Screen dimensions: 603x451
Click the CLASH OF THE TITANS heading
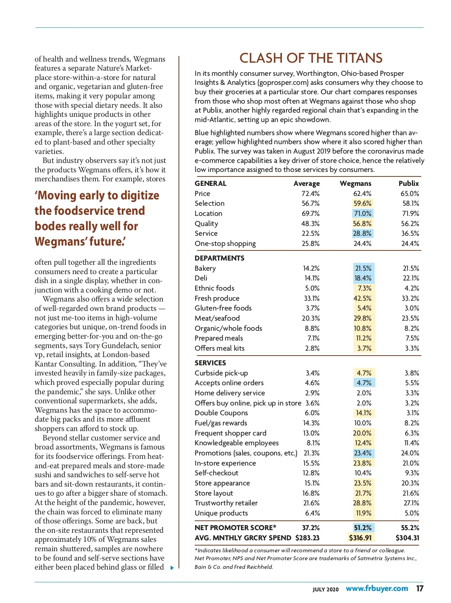[x=311, y=58]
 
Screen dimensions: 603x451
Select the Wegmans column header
[x=355, y=184]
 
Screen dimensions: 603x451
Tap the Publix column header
[x=409, y=184]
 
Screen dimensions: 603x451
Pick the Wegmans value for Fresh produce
[x=362, y=298]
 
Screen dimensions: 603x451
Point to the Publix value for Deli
[x=410, y=278]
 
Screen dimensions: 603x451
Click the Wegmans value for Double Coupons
[x=363, y=413]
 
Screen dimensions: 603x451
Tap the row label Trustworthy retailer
[x=226, y=503]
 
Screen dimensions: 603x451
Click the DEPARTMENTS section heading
[x=219, y=258]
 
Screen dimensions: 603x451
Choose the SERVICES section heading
[x=210, y=363]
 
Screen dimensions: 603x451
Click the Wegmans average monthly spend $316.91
[x=360, y=538]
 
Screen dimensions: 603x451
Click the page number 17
[x=419, y=588]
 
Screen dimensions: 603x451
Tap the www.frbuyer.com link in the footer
[x=377, y=588]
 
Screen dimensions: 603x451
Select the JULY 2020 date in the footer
[x=325, y=589]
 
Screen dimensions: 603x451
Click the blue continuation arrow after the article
[x=172, y=568]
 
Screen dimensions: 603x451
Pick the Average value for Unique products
[x=312, y=513]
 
